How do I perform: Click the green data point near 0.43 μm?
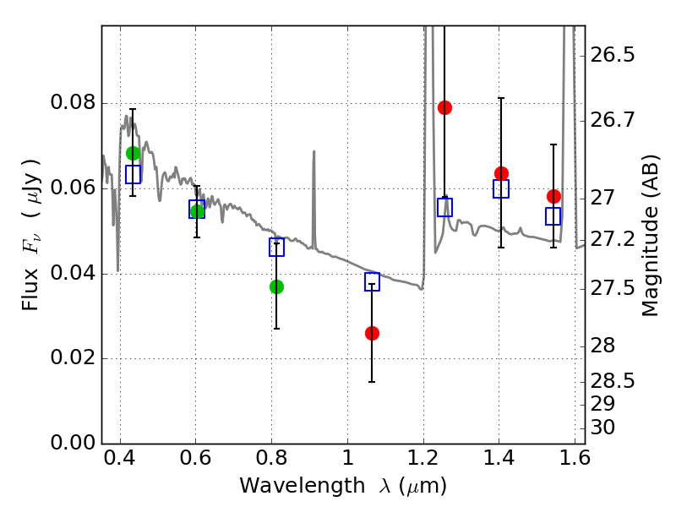tap(133, 153)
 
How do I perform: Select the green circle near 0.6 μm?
tap(197, 211)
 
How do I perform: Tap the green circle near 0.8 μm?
tap(276, 286)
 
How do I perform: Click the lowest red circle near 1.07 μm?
tap(372, 333)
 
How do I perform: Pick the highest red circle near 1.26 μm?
tap(444, 107)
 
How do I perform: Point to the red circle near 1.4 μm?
tap(501, 173)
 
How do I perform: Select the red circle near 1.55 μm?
tap(553, 196)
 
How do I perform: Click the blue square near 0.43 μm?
tap(133, 174)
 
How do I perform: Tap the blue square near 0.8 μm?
tap(276, 247)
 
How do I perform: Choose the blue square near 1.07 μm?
tap(372, 281)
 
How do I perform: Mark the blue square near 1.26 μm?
tap(444, 207)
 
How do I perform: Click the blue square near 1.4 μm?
tap(501, 188)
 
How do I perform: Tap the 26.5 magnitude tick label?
tap(612, 55)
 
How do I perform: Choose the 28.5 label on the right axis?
tap(612, 380)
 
